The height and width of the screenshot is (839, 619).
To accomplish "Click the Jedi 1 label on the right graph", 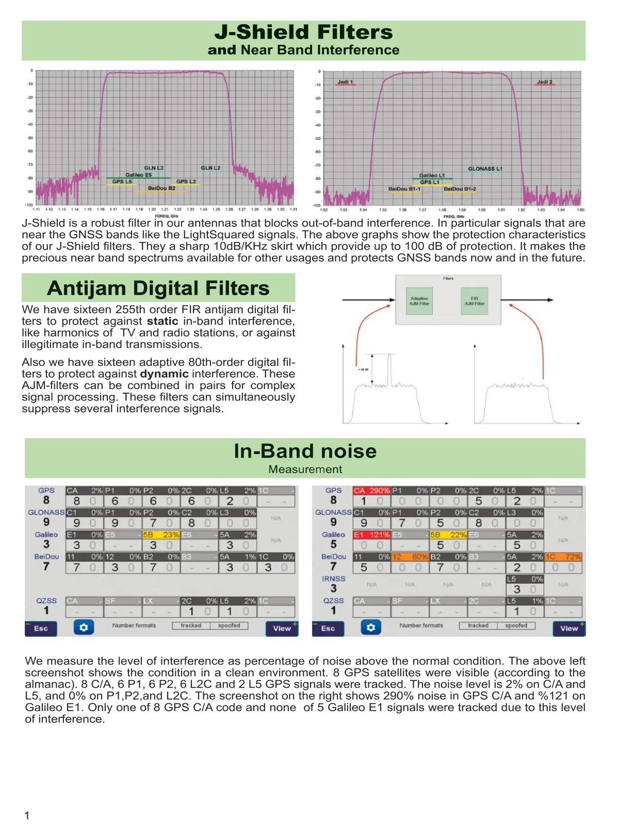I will (x=345, y=82).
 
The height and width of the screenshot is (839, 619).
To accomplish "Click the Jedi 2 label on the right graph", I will (x=544, y=82).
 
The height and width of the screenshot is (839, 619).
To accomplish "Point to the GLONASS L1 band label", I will (x=485, y=169).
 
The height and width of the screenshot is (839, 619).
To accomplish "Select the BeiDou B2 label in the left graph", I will (x=161, y=188).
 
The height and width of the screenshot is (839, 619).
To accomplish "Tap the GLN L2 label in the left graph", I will (x=210, y=168).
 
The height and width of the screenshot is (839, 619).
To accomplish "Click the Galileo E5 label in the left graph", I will (x=138, y=175).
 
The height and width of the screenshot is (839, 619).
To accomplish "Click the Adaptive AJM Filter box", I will (x=419, y=301).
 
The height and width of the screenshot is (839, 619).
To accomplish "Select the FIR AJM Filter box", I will (x=475, y=301).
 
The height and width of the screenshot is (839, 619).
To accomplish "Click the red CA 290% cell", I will (x=371, y=491).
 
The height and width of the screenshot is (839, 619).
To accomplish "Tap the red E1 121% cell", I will (x=371, y=535).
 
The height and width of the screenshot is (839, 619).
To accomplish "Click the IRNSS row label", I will (x=333, y=579).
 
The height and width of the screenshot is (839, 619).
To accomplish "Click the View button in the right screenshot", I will (x=569, y=628).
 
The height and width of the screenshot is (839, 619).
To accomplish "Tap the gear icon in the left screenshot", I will (x=84, y=628).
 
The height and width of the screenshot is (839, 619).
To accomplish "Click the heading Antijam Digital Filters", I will (x=158, y=288).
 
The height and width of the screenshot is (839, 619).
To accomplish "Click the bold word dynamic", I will (x=164, y=374).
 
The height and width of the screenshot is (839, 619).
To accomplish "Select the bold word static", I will (x=162, y=321).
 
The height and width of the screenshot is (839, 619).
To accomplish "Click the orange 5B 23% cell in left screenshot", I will (x=161, y=535).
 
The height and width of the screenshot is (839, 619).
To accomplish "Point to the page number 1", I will (x=27, y=816).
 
